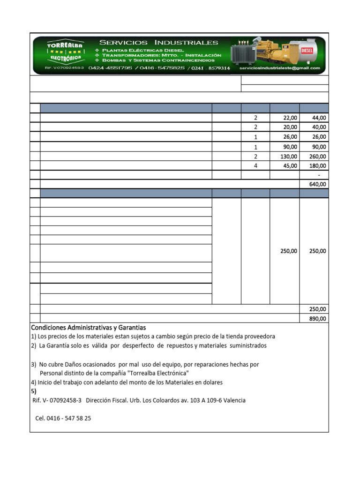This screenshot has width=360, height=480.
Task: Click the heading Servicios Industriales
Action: click(x=158, y=43)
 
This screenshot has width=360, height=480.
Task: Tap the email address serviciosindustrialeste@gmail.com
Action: click(x=280, y=68)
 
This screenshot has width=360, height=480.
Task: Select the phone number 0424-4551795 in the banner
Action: click(x=110, y=68)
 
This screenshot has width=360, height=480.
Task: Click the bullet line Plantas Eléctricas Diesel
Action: click(x=143, y=50)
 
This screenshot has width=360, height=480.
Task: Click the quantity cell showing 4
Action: click(x=255, y=166)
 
